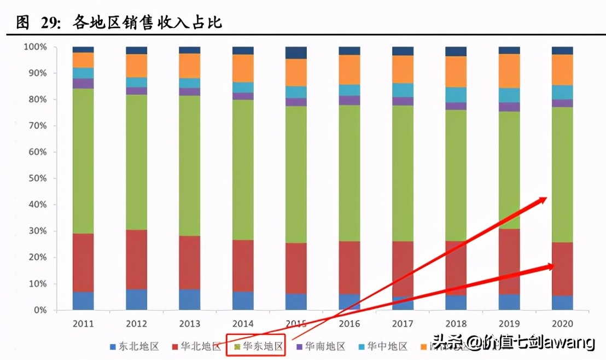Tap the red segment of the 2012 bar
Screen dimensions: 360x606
click(136, 259)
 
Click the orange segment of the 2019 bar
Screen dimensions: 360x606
click(509, 71)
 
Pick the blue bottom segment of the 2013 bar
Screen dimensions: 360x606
click(189, 299)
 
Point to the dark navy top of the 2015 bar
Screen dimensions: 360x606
click(296, 53)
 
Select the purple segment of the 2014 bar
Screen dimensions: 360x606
click(243, 96)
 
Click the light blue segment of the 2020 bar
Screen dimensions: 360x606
click(562, 92)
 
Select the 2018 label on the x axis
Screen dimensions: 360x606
click(456, 323)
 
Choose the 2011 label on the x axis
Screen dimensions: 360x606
click(83, 323)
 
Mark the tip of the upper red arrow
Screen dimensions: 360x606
click(546, 198)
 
